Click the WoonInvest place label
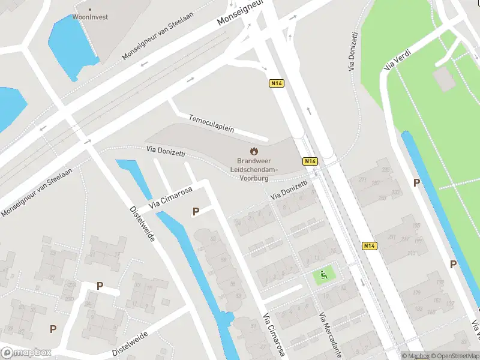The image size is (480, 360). coord(91,17)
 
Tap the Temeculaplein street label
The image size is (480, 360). coord(211,123)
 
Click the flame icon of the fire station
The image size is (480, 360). coord(254,151)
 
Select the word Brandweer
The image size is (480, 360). coord(254,161)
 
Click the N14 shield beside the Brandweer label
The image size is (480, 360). coord(310,161)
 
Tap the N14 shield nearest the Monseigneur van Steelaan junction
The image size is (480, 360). coord(277,83)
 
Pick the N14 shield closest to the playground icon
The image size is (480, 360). coord(370,245)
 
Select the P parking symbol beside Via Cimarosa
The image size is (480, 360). coord(195,211)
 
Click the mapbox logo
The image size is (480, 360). coord(25,353)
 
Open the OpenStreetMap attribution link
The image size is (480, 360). coord(457,356)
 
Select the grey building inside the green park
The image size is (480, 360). coord(445,79)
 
